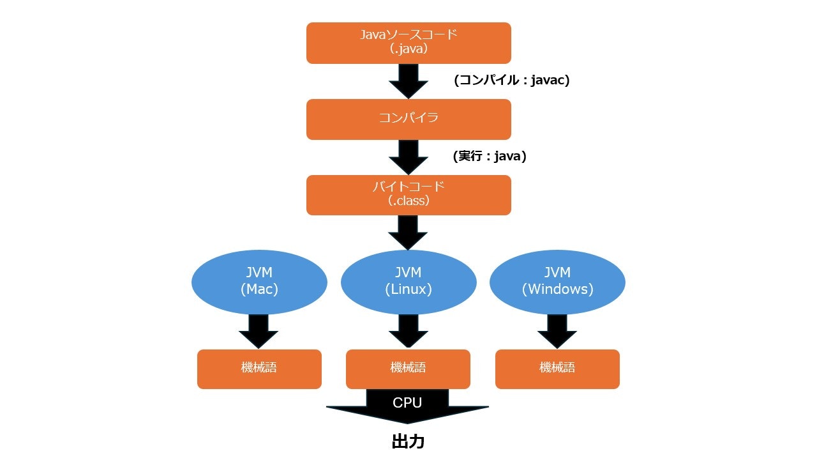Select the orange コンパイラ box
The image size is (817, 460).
point(408,119)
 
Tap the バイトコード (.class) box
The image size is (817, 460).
point(408,195)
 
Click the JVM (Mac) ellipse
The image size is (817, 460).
point(259,282)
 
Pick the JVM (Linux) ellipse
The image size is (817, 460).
point(408,282)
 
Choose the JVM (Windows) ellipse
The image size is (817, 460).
point(557,282)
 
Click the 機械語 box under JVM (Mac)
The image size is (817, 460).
point(259,369)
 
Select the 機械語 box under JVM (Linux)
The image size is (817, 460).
point(408,369)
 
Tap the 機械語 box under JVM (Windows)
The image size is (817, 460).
point(557,369)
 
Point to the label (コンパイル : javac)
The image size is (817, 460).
point(511,80)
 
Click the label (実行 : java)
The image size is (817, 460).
point(490,157)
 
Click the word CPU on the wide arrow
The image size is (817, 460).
point(407,403)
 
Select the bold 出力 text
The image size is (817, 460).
point(408,441)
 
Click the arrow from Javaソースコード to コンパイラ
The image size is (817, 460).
point(408,81)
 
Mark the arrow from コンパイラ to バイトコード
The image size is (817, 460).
point(408,157)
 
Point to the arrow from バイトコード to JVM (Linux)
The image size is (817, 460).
point(408,233)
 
